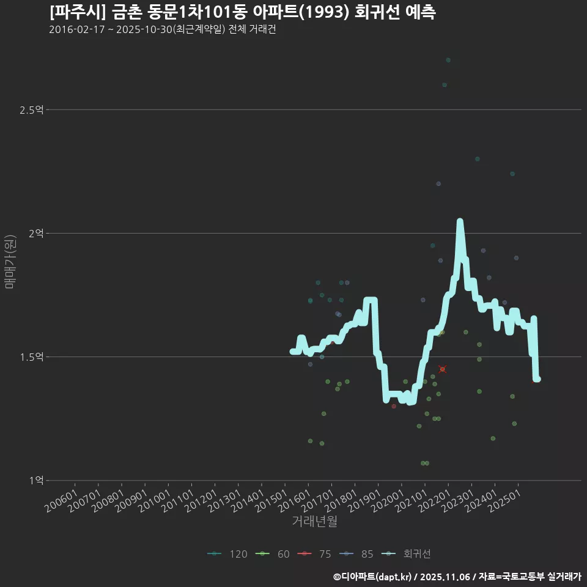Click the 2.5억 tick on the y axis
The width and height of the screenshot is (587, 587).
(31, 110)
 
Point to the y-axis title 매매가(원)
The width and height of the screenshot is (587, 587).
(10, 262)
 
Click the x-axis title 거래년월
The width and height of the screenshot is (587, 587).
(314, 522)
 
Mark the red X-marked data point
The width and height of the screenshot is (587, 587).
(443, 369)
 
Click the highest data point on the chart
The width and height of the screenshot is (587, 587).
(448, 60)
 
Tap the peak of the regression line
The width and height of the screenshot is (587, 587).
(460, 221)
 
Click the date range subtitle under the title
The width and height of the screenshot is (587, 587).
(163, 30)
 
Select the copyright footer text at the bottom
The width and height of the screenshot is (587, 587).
(457, 577)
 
